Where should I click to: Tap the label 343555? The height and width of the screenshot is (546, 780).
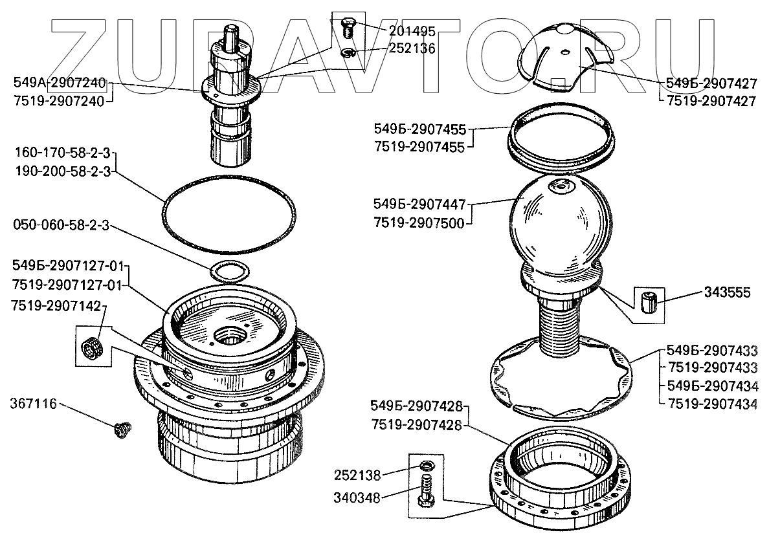tap(727, 293)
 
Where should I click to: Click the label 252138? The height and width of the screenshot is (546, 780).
tap(357, 475)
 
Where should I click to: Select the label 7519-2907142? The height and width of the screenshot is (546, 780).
tap(57, 306)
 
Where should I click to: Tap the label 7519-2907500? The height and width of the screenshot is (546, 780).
tap(418, 223)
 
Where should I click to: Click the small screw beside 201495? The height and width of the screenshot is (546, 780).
tap(347, 28)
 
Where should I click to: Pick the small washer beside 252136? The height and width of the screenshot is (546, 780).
tap(348, 52)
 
